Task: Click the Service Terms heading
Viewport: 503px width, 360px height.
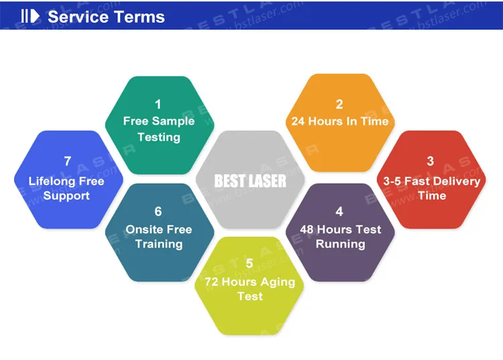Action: (x=106, y=16)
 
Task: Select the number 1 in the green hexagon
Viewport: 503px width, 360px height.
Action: (x=158, y=104)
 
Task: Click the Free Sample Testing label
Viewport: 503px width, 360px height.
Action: (x=159, y=129)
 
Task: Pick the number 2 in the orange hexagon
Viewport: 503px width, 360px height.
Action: (x=339, y=104)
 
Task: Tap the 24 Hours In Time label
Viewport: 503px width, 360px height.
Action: (x=339, y=121)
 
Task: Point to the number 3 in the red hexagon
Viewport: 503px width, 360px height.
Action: (x=431, y=161)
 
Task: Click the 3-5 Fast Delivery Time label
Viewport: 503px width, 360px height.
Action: (x=431, y=188)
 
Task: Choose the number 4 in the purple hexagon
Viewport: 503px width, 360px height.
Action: (x=339, y=212)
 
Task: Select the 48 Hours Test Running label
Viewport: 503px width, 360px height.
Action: (x=340, y=237)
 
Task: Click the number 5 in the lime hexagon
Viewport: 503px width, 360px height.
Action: (x=249, y=263)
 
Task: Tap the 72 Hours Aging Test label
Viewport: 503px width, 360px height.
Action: (x=249, y=288)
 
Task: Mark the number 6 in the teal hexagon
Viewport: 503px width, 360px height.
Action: (x=158, y=212)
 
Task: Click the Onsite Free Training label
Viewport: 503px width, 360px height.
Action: (x=159, y=237)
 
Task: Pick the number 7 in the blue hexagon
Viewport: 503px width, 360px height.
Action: (x=67, y=161)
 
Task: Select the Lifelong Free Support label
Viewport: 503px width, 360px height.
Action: (x=66, y=188)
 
